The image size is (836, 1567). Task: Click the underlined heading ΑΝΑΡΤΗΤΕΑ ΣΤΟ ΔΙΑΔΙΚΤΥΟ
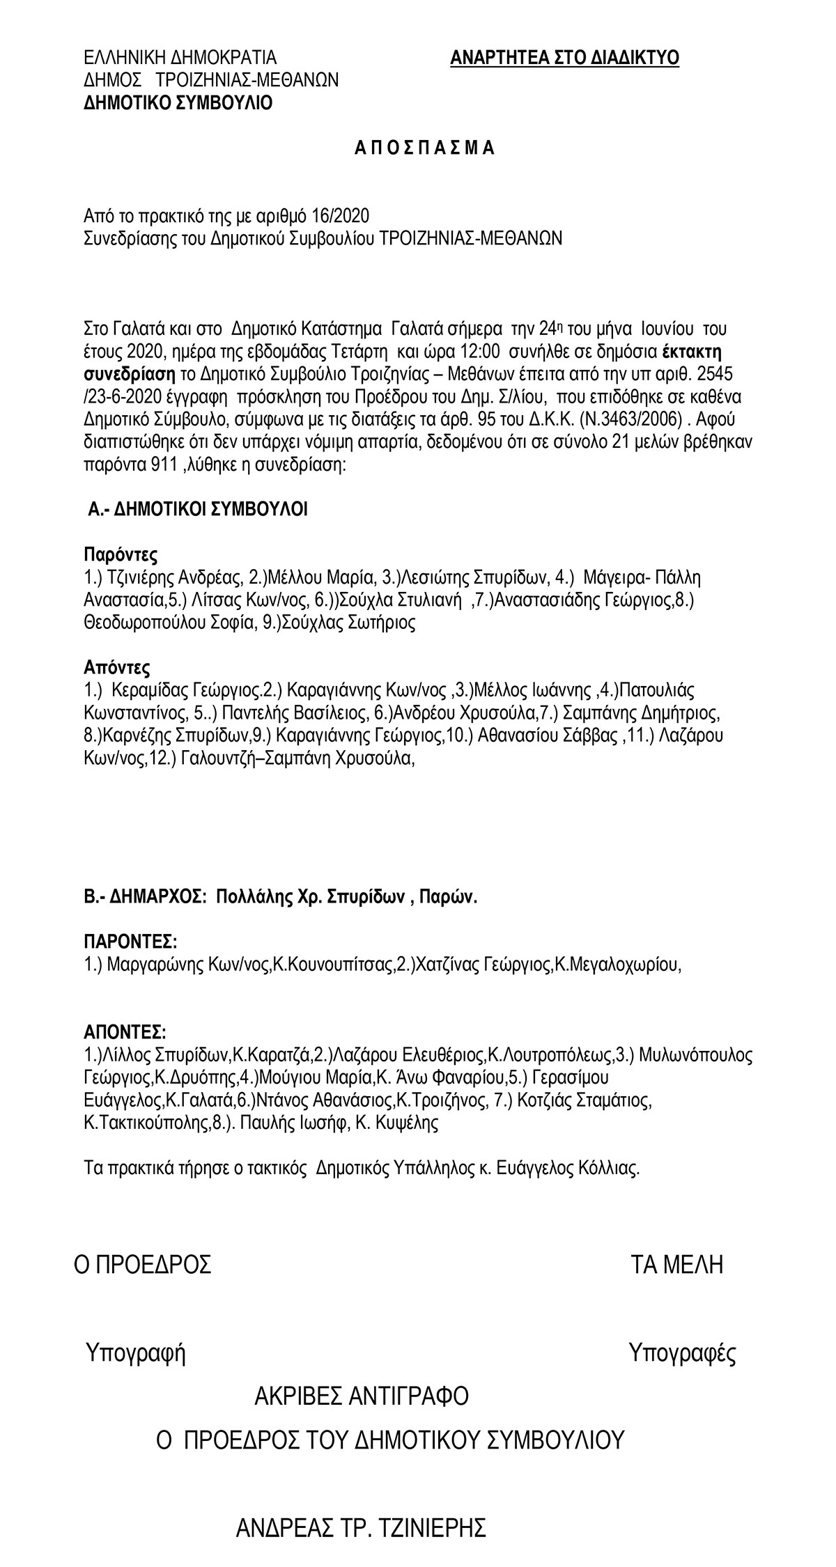564,58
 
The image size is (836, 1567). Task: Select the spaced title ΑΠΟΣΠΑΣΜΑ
424,148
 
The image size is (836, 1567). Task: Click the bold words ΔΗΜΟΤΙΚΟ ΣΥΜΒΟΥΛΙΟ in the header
178,103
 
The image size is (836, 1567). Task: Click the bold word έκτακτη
690,350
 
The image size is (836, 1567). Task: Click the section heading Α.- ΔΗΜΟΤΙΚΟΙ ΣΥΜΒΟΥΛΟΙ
198,510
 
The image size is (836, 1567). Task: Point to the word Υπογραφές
682,1353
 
